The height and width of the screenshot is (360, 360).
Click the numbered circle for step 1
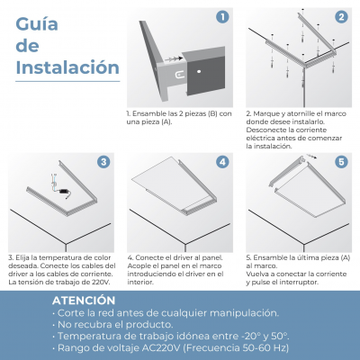[x=222, y=17]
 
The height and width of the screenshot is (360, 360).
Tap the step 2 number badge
[x=341, y=17]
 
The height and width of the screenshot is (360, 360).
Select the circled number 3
[x=103, y=162]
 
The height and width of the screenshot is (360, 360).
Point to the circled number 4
[x=222, y=162]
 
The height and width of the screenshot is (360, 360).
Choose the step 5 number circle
[x=341, y=162]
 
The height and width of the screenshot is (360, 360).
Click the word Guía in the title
[x=37, y=24]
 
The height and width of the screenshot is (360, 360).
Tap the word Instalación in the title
[x=67, y=67]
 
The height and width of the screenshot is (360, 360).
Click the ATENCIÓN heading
[x=84, y=301]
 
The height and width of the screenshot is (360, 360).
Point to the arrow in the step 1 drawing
[x=174, y=58]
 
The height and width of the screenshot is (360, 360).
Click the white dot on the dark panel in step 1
[x=199, y=72]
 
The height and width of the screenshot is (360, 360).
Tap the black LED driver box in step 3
[x=64, y=191]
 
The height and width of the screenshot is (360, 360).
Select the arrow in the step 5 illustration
[x=312, y=157]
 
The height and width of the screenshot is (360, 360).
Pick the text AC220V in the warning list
[x=161, y=348]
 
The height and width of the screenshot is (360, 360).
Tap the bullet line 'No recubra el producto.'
[x=112, y=325]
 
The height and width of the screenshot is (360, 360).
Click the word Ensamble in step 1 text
[x=146, y=113]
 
